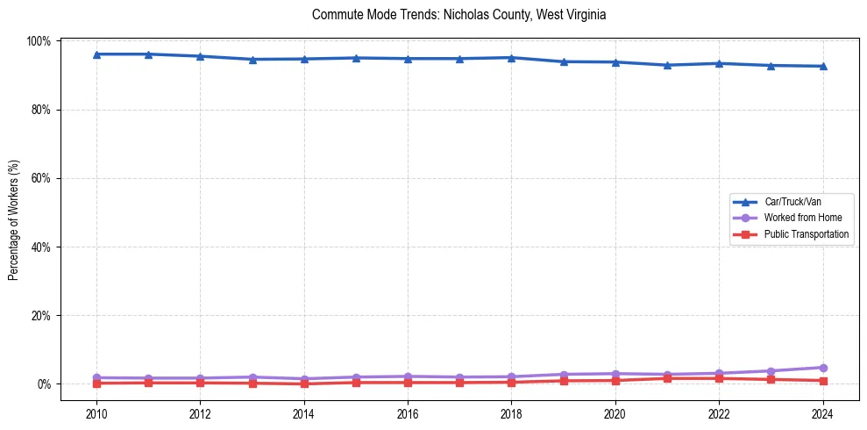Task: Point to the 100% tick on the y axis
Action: [40, 41]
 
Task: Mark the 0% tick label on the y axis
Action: [45, 383]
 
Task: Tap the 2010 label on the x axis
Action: [96, 413]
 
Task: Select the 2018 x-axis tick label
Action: [511, 413]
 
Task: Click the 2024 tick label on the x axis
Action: [822, 413]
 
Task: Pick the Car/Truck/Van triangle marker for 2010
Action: [96, 54]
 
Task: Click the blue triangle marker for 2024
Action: [822, 66]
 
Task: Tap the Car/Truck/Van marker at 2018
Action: [511, 58]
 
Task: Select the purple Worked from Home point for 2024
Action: [822, 368]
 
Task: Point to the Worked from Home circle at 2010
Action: [96, 377]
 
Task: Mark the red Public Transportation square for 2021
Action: [667, 378]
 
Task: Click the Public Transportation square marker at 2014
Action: [304, 383]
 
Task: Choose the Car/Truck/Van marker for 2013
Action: [252, 60]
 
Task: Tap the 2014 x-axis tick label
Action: [304, 413]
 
